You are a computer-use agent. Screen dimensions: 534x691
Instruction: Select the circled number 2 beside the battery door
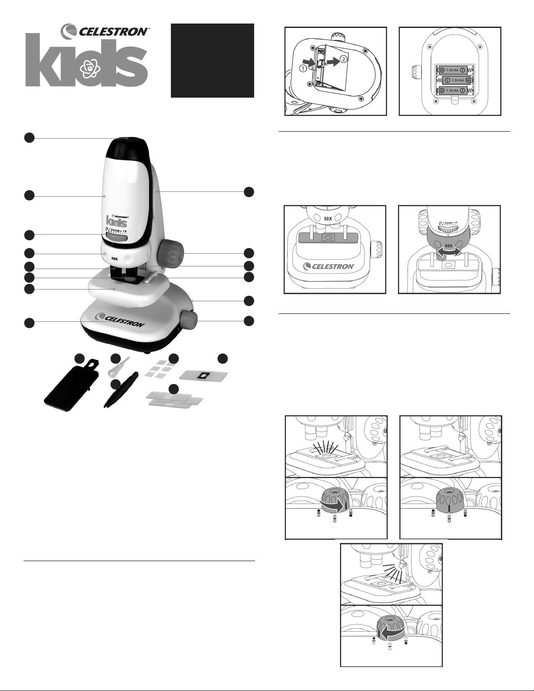pos(344,58)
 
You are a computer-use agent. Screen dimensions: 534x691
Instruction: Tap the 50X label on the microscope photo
pos(114,259)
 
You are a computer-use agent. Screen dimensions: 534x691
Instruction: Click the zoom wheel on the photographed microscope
pos(117,238)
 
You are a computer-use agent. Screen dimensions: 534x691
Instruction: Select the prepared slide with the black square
pos(204,375)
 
